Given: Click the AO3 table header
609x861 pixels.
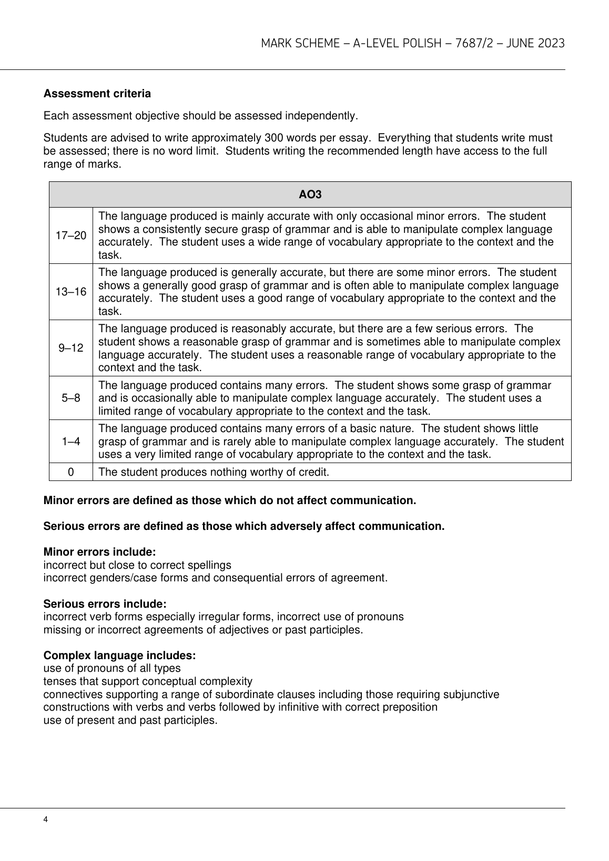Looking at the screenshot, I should tap(310, 194).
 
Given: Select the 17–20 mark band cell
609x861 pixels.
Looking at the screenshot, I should tap(71, 235).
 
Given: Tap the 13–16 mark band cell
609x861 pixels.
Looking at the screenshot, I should tap(71, 292).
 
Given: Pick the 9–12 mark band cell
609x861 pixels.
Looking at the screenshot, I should tap(71, 348).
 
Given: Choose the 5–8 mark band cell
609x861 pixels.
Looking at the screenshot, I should tap(71, 398).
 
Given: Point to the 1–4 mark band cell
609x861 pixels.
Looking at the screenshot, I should tap(71, 442).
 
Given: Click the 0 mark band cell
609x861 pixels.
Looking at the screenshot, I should tap(71, 472).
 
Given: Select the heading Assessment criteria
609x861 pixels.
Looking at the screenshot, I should tap(97, 94).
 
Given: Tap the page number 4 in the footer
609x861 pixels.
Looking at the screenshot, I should tap(46, 819).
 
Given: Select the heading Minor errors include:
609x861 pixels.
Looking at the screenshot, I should tap(99, 552).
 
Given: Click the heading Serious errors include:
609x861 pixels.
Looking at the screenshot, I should tap(105, 604).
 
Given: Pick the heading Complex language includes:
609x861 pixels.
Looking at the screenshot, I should tap(119, 655).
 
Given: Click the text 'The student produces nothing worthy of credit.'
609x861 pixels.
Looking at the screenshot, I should tap(214, 472).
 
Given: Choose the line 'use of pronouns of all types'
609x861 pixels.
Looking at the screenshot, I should tap(111, 669).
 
